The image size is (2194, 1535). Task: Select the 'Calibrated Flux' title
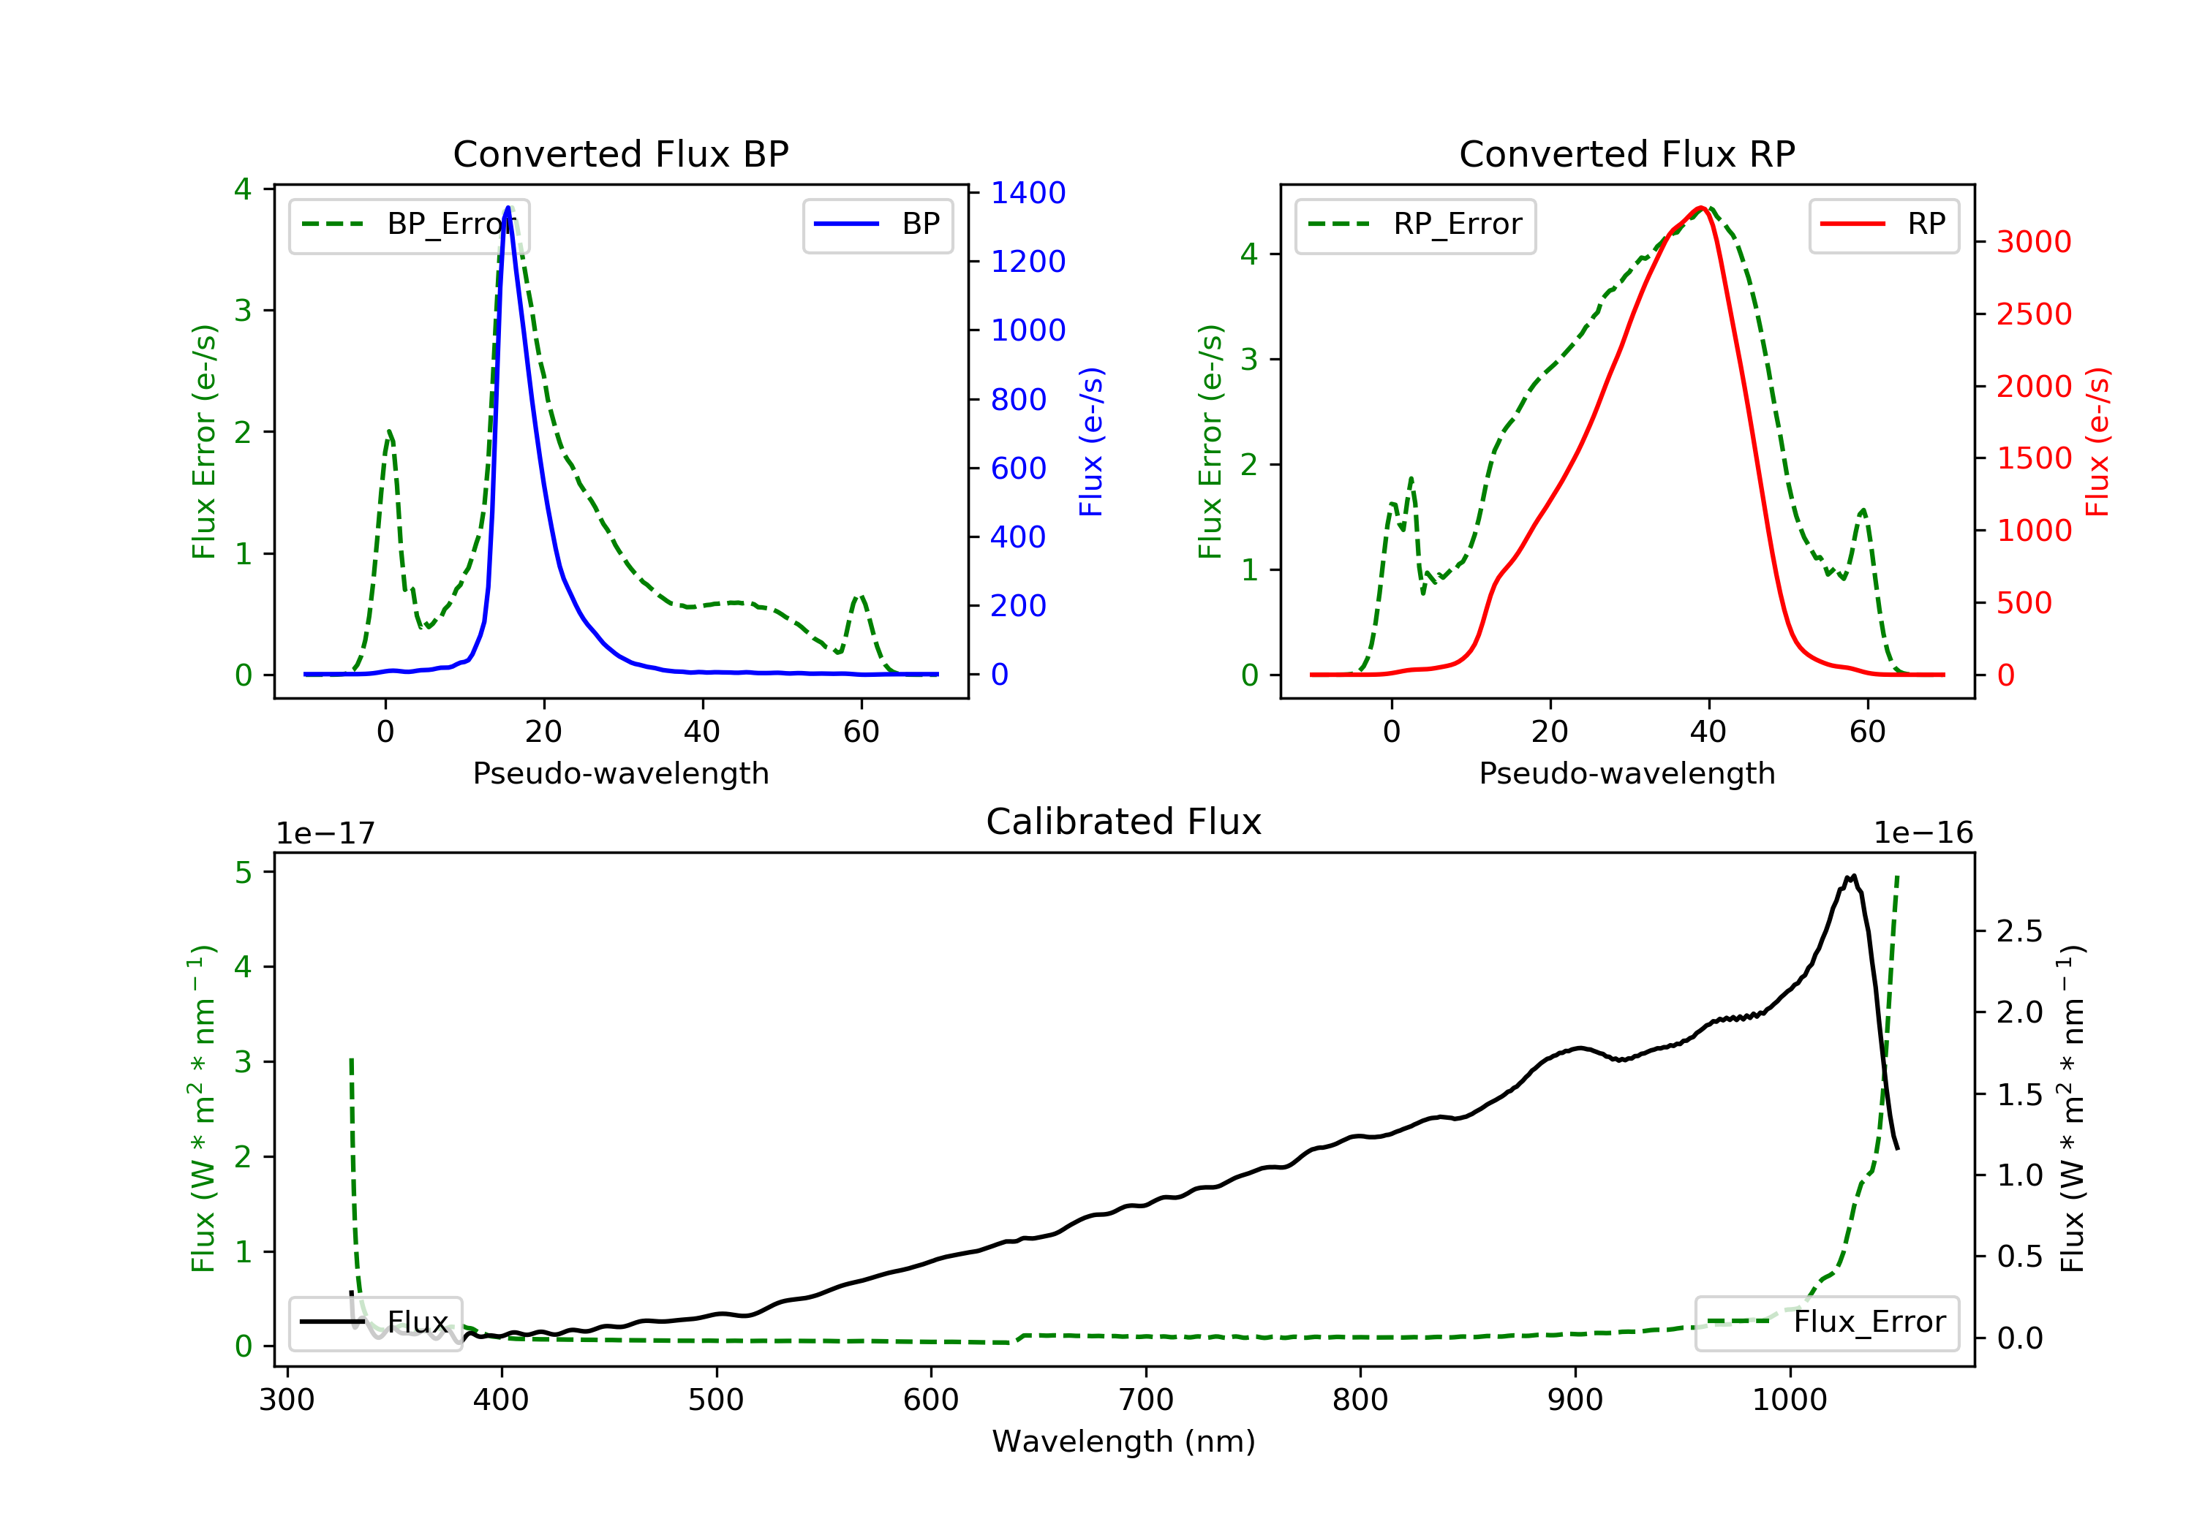pyautogui.click(x=1124, y=822)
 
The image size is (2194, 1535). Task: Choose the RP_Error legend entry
pyautogui.click(x=1415, y=224)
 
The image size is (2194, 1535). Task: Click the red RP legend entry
pyautogui.click(x=1883, y=224)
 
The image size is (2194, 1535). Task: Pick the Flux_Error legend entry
pyautogui.click(x=1826, y=1322)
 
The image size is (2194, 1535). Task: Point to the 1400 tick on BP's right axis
pyautogui.click(x=1028, y=193)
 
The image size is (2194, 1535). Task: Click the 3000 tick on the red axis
pyautogui.click(x=2033, y=242)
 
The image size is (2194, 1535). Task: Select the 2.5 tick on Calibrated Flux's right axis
pyautogui.click(x=2019, y=931)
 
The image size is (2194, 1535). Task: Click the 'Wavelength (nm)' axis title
pyautogui.click(x=1124, y=1441)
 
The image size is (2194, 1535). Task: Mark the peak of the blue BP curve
pyautogui.click(x=508, y=208)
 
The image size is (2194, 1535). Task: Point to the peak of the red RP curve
pyautogui.click(x=1701, y=208)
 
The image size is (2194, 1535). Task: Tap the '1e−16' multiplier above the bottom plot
pyautogui.click(x=1923, y=833)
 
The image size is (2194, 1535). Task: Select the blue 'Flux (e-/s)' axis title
pyautogui.click(x=1091, y=441)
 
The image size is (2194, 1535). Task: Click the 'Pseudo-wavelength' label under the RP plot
pyautogui.click(x=1626, y=773)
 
